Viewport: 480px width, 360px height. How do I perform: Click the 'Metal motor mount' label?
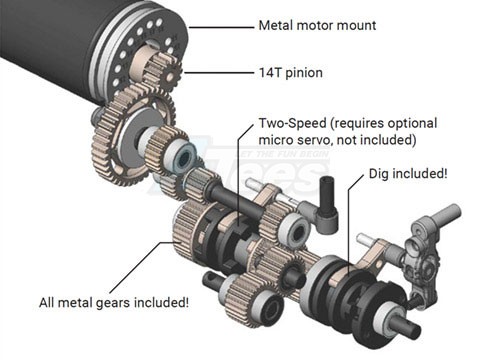[x=317, y=25]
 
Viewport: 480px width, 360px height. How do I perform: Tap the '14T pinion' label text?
[x=291, y=73]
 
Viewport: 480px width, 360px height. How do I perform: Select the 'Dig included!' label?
[x=408, y=174]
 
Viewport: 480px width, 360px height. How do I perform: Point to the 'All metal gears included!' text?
[x=114, y=303]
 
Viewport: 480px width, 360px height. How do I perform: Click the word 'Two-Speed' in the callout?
[x=293, y=123]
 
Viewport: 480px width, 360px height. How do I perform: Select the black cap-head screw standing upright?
[x=328, y=202]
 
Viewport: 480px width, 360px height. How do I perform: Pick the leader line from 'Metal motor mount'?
[x=221, y=27]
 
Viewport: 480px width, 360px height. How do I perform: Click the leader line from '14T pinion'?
[x=218, y=73]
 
